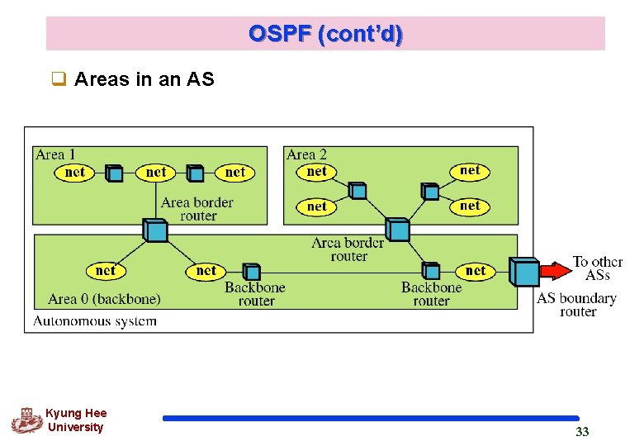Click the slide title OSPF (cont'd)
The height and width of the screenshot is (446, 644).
(325, 34)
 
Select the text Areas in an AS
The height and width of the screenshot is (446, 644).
(144, 79)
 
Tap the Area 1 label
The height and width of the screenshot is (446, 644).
(55, 154)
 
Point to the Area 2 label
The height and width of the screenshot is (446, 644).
(306, 154)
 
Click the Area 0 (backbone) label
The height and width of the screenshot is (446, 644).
(104, 299)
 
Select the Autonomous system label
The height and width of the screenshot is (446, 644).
(95, 320)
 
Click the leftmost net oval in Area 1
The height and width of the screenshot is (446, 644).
(74, 173)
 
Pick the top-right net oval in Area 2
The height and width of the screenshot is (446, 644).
(470, 170)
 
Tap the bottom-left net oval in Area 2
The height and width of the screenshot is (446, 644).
(317, 206)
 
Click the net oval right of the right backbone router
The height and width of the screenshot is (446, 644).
(476, 270)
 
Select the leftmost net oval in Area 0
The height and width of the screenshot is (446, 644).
(106, 270)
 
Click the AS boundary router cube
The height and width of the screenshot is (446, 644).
(523, 272)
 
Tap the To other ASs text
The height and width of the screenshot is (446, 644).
(597, 268)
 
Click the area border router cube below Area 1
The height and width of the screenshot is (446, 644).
(155, 230)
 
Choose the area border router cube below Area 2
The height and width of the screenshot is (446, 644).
(397, 229)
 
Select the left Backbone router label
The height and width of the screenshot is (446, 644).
(255, 294)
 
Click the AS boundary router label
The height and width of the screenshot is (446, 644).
(576, 305)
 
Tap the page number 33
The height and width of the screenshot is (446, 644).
(582, 432)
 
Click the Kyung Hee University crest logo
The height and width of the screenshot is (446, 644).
(26, 420)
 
